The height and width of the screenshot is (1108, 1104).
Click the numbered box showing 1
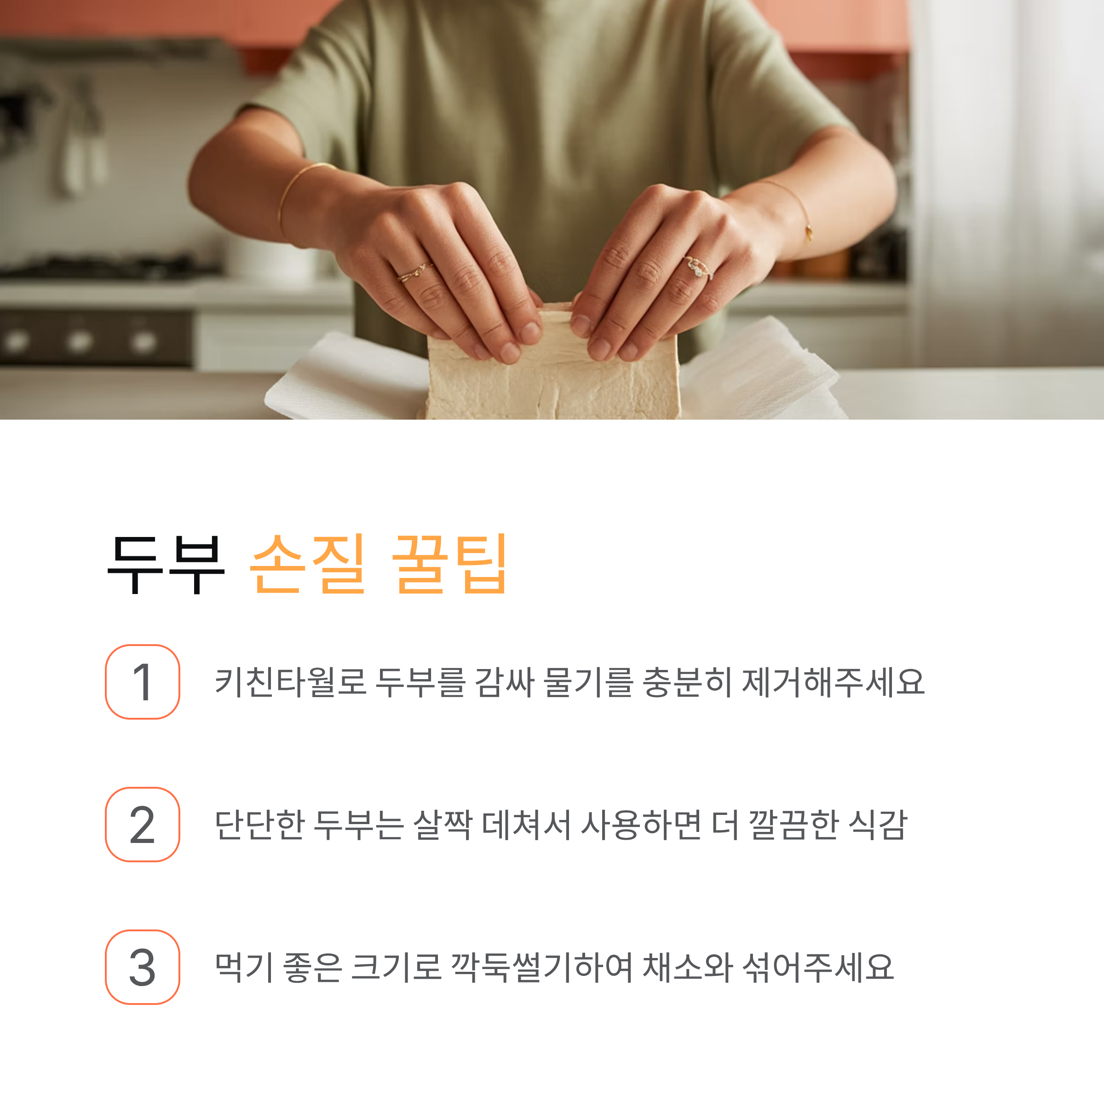[142, 681]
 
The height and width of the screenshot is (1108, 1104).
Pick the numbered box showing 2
[142, 824]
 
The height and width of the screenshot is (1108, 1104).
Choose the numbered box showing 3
[142, 967]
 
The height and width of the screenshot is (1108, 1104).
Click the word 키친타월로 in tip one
[290, 682]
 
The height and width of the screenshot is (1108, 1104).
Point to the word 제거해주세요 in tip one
[834, 682]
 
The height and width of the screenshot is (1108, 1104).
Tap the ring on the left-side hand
[415, 272]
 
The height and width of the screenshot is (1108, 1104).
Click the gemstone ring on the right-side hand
[699, 268]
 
